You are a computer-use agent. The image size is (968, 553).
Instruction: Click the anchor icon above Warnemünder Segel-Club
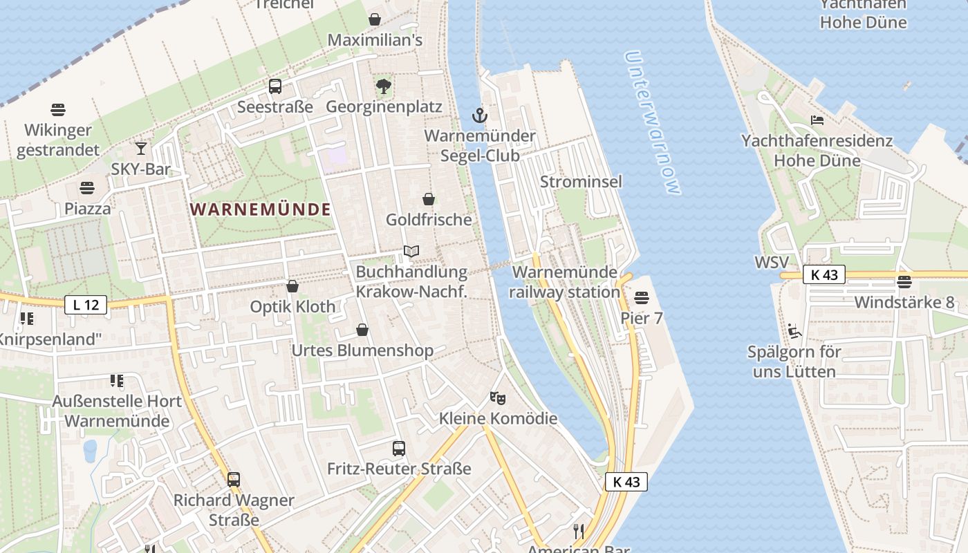tap(480, 115)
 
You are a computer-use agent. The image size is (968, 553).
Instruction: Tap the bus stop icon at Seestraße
tap(275, 86)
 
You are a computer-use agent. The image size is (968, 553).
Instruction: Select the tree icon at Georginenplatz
tap(383, 86)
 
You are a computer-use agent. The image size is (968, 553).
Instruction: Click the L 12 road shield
tap(86, 304)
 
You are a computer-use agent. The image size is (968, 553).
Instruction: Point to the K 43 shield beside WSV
tap(824, 274)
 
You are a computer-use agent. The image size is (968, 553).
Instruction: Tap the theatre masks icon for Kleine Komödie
tap(497, 397)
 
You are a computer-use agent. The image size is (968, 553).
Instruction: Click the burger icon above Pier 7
tap(642, 298)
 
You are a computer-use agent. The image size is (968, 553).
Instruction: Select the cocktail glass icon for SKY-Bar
tap(141, 148)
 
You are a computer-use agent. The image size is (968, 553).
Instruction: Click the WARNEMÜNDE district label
tap(261, 209)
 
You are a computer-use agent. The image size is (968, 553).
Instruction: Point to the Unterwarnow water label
tap(653, 122)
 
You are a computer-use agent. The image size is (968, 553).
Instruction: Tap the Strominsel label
tap(581, 182)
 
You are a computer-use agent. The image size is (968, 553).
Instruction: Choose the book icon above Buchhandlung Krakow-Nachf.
tap(411, 252)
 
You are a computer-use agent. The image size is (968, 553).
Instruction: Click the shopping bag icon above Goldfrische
tap(429, 199)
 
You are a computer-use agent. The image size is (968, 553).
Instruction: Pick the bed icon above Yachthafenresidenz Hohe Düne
tap(817, 120)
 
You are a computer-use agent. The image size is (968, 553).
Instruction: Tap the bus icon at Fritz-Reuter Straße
tap(399, 449)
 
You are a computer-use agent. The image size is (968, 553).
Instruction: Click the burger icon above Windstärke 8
tap(904, 281)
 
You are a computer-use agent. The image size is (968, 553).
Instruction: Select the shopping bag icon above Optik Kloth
tap(292, 286)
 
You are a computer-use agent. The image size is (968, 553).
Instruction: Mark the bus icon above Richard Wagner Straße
tap(234, 479)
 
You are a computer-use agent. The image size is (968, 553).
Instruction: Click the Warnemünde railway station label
tap(564, 282)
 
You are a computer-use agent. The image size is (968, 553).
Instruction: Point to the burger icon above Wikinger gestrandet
tap(58, 109)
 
